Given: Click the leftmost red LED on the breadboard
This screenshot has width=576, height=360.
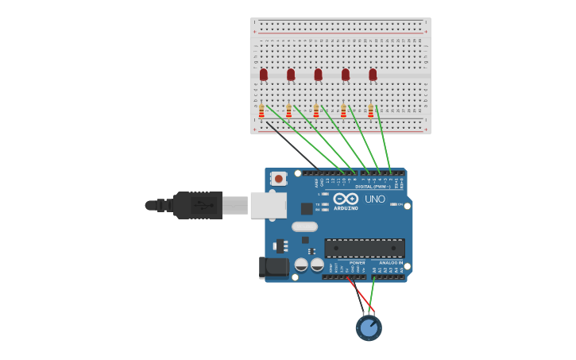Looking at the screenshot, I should tap(264, 75).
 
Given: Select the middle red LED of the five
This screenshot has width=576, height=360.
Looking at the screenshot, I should tap(318, 75).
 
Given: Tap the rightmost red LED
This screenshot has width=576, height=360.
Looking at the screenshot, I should tap(373, 75).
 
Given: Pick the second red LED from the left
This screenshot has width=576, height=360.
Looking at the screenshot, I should tap(291, 75).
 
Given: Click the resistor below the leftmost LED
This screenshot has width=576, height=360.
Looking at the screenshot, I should tap(261, 110).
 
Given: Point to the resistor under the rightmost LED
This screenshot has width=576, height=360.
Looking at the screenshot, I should tap(370, 110).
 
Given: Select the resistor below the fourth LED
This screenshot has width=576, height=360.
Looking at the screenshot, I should tap(343, 110).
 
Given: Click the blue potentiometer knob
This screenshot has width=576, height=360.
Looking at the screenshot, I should tap(368, 327).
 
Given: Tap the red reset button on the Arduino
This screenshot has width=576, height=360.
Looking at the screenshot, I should tap(278, 179).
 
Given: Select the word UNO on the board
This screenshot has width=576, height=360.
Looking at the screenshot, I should tap(374, 199).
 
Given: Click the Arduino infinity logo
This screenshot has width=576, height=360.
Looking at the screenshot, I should tap(346, 199).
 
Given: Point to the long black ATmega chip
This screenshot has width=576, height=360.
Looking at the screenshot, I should tap(364, 248).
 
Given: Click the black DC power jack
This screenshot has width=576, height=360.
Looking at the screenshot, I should tap(273, 267).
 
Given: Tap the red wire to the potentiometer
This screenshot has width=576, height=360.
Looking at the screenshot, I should tap(361, 296).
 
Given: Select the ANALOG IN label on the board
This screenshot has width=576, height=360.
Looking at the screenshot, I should tap(389, 263).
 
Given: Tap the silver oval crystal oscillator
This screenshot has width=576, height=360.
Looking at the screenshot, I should tap(304, 226).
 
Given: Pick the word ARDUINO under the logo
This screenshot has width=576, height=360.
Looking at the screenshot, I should tap(346, 208).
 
